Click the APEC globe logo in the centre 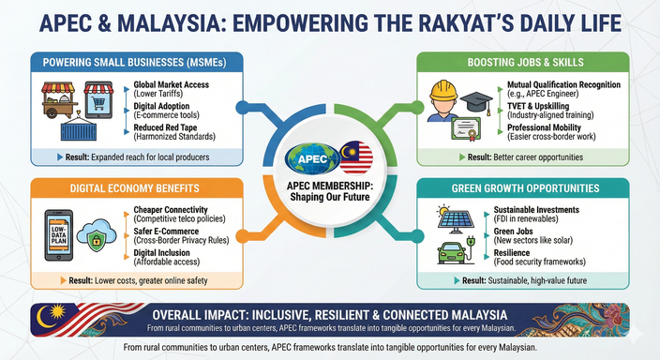312,155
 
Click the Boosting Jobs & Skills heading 523,62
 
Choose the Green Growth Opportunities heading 524,186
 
